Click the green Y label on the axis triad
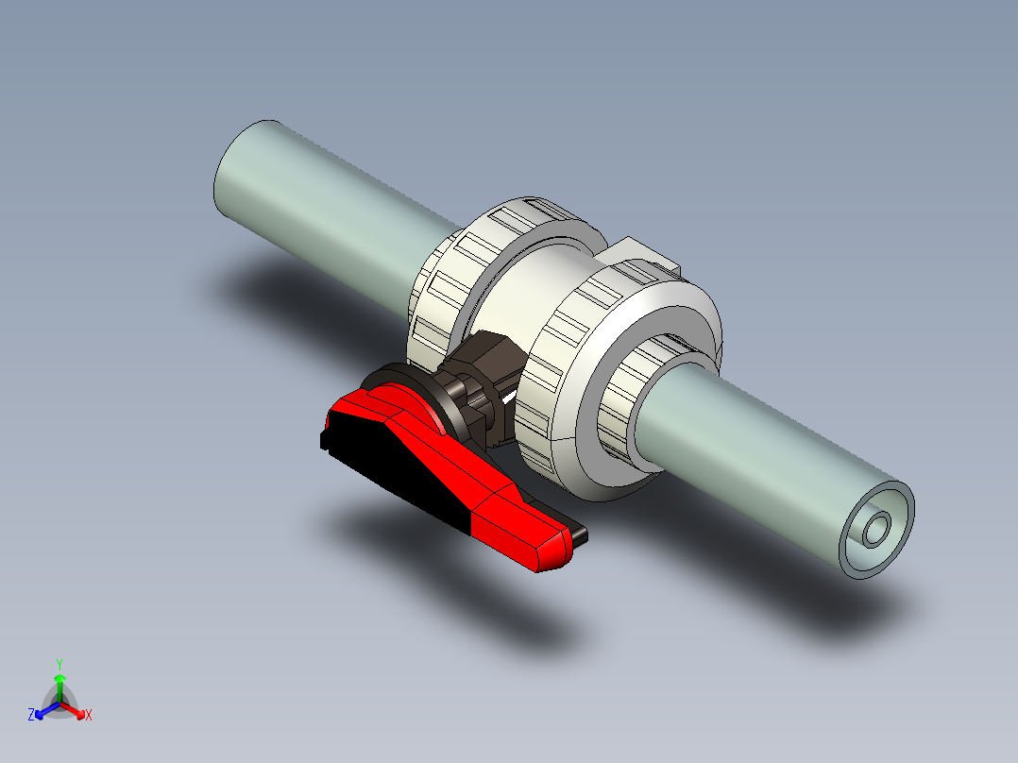(x=59, y=664)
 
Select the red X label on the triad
(x=89, y=716)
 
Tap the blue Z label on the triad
(x=31, y=716)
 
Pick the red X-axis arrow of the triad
(x=75, y=708)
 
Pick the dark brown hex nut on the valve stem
(x=486, y=364)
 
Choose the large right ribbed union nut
(x=567, y=378)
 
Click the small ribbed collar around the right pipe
(x=619, y=415)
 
